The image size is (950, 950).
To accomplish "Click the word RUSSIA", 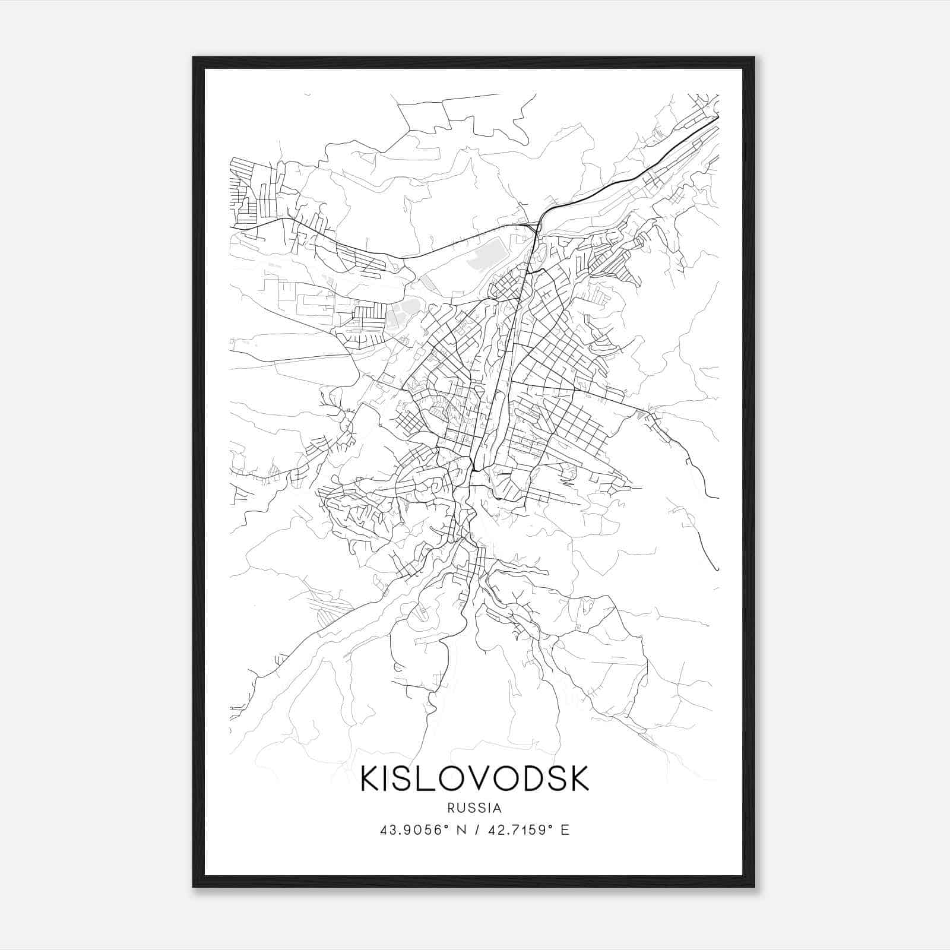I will pos(475,808).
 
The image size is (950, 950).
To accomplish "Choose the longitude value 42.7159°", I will pos(521,830).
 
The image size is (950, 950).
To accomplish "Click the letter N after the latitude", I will pos(459,830).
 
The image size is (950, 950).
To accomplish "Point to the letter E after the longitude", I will pos(565,830).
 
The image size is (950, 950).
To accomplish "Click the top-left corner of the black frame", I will pos(194,58).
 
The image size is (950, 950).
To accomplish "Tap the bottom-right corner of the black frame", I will pos(754,886).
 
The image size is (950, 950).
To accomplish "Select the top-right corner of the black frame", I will pos(754,58).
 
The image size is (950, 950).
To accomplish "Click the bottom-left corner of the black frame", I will pos(194,886).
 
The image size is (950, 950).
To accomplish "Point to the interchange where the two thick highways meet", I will pos(537,224).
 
